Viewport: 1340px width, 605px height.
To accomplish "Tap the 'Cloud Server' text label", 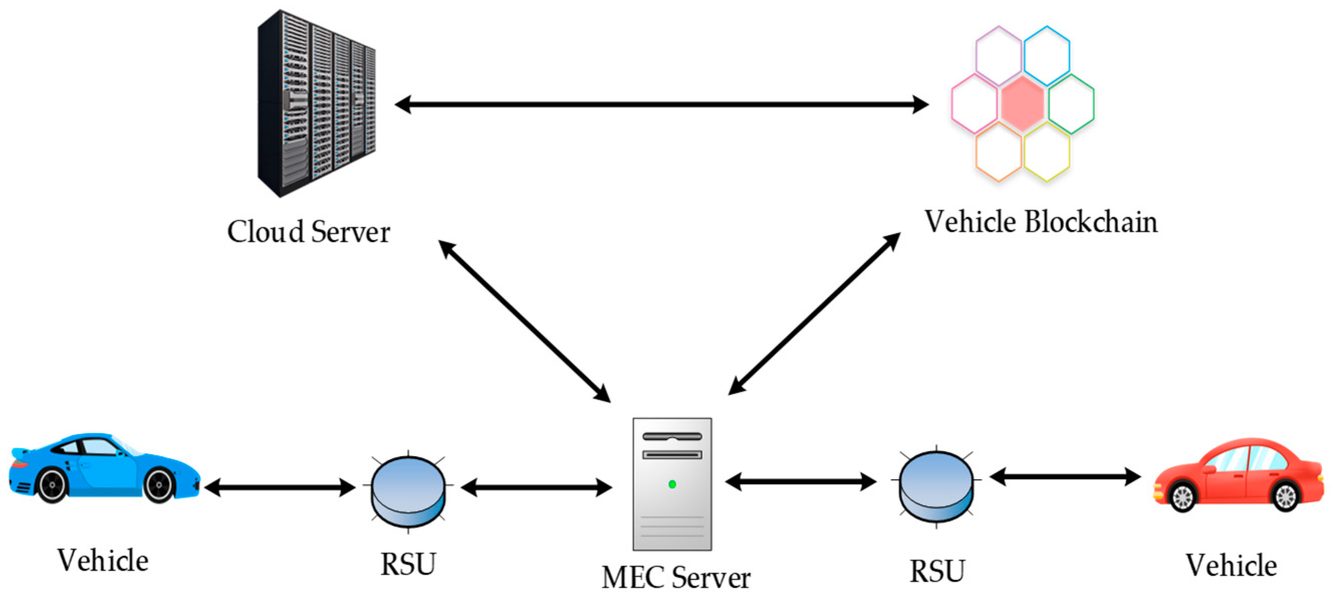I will (x=309, y=232).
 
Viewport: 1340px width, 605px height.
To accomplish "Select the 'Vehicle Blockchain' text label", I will (x=1041, y=222).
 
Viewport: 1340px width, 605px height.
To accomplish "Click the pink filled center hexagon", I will (x=1023, y=103).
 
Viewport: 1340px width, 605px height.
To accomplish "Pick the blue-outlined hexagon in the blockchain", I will (x=1046, y=56).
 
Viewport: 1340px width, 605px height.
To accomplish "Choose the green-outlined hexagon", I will (x=1071, y=104).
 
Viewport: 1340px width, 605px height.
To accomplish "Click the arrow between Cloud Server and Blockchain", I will (x=661, y=104).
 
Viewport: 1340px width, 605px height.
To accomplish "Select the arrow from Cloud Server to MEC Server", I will (x=524, y=321).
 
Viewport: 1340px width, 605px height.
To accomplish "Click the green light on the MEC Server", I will (x=672, y=484).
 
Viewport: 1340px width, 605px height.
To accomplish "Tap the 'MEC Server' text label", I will (x=676, y=577).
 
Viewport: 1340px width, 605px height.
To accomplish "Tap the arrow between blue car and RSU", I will (x=280, y=488).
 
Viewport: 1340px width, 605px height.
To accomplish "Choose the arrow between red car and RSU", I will (x=1065, y=476).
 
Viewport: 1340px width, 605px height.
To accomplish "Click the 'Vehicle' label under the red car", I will (x=1231, y=565).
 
